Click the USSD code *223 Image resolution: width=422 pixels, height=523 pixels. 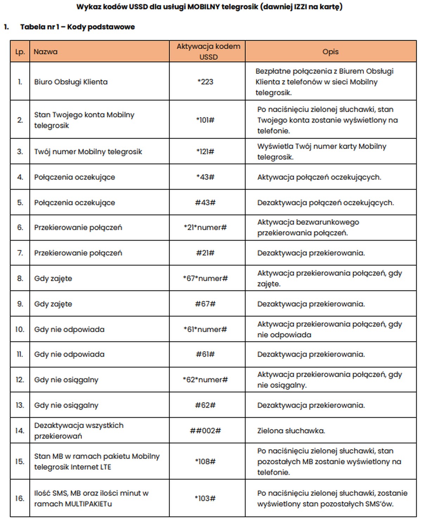point(205,82)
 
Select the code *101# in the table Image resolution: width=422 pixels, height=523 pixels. point(205,120)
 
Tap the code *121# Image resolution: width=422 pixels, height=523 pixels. point(205,152)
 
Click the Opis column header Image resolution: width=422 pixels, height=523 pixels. point(330,52)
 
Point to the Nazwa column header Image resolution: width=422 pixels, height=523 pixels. point(46,52)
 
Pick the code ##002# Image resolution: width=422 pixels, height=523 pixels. point(205,431)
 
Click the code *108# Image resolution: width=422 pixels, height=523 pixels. point(205,461)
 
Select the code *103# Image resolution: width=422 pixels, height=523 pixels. point(205,498)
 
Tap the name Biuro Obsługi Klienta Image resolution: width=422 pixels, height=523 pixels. point(71,82)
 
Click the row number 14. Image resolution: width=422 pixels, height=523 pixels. point(20,431)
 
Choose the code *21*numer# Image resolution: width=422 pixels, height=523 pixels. point(205,228)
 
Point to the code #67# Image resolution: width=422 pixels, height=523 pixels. point(205,304)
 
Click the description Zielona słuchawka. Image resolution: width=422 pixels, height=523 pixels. point(291,431)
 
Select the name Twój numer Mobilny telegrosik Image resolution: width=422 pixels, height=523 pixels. point(88,152)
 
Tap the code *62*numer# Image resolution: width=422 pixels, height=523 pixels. point(205,380)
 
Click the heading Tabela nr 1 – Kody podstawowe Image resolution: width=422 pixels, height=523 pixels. point(77,27)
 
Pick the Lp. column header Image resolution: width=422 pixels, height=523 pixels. point(20,52)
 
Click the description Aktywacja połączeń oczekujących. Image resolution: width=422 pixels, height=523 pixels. point(319,177)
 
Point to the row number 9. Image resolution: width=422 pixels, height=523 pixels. point(20,304)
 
